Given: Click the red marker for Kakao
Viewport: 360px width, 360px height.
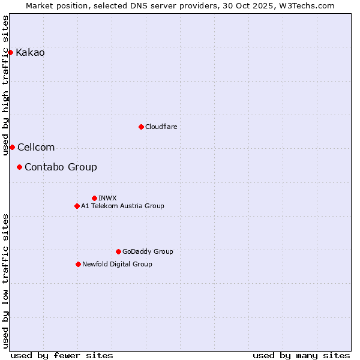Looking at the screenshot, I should coord(10,53).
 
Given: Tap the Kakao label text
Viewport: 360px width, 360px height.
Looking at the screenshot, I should coord(30,53).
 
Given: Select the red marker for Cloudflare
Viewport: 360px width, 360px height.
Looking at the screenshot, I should coord(141,127).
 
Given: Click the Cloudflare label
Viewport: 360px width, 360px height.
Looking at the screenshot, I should coord(161,127).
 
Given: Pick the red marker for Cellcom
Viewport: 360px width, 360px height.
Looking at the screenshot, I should coord(12,147).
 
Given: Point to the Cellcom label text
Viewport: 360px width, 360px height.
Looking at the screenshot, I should coord(36,147).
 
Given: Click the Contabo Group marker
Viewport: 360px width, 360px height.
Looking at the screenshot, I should coord(19,167).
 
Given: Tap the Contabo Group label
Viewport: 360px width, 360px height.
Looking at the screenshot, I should coord(61,167).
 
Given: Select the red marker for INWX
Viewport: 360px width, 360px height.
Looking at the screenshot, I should coord(94,198).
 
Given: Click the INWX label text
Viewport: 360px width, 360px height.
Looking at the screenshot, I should coord(107,198).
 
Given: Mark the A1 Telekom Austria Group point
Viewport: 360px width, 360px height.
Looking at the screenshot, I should coord(77,206).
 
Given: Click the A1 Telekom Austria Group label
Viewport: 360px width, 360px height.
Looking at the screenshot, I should coord(122,206).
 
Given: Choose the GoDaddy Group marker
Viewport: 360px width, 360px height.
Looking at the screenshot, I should coord(118,251).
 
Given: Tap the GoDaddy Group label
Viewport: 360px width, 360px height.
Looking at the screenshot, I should coord(148,251).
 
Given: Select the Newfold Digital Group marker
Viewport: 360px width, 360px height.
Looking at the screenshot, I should coord(78,264).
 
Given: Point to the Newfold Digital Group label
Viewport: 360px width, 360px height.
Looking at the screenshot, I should coord(117,264).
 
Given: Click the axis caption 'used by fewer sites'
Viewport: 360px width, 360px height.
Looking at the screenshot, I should coord(62,355).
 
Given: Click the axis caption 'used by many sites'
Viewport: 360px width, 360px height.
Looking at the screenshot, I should coord(301,355).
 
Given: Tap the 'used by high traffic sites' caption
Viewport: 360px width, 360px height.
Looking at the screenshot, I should coord(6,85).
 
